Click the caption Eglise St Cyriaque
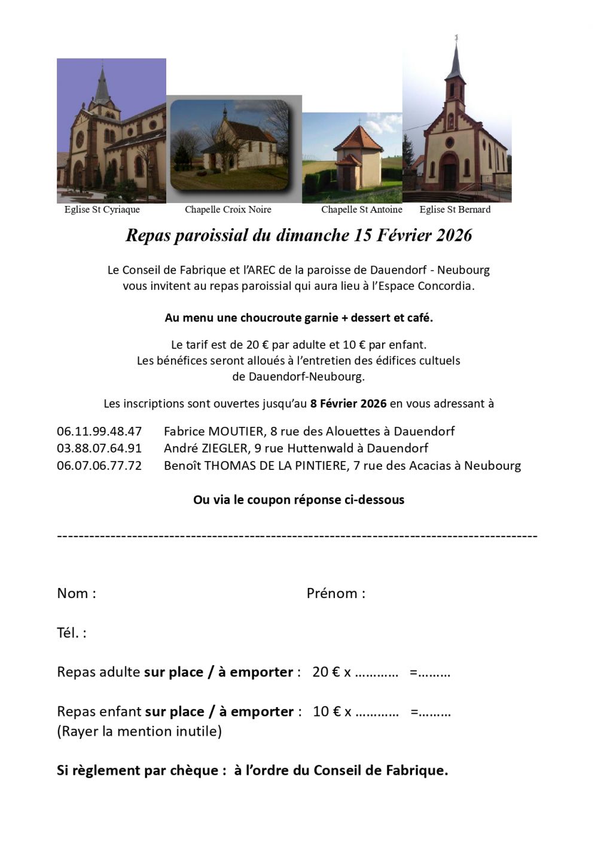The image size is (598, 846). point(102,210)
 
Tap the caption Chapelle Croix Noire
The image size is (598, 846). point(228,210)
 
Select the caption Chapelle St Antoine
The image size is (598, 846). point(361,210)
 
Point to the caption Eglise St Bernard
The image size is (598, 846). point(454,210)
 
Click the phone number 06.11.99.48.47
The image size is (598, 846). point(99,431)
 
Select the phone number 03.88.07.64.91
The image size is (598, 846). point(99,448)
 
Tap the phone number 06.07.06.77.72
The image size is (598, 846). point(99,465)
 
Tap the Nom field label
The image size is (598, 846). point(76,593)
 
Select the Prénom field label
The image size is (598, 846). point(335,593)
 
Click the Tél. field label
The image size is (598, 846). point(71,633)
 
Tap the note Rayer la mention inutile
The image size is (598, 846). point(139,731)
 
